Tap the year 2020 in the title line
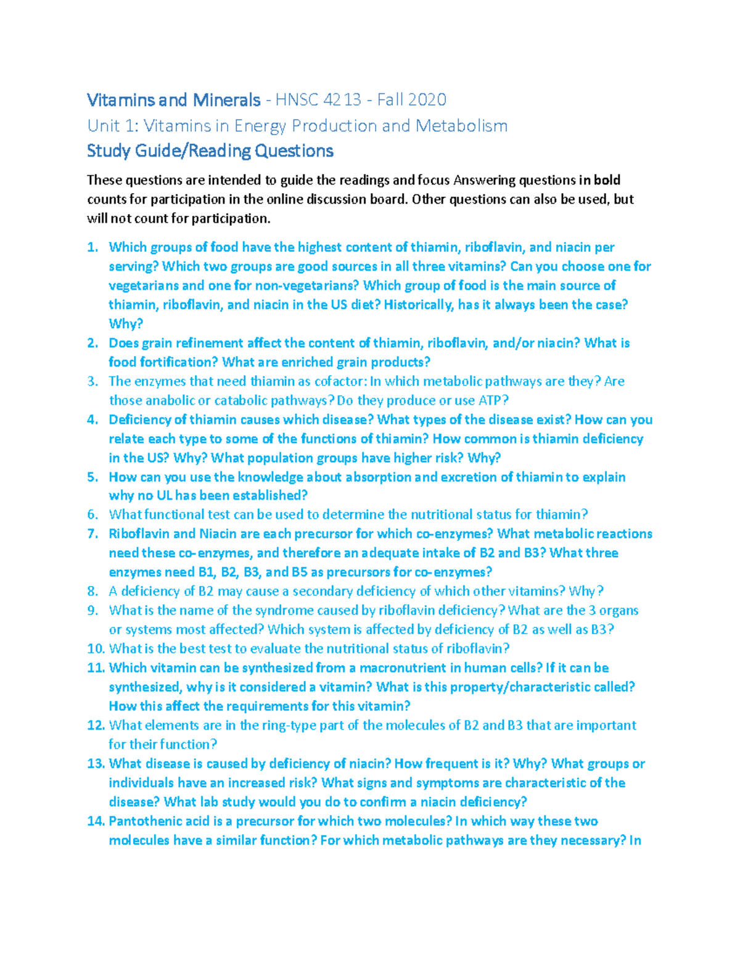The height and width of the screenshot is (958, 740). (x=426, y=100)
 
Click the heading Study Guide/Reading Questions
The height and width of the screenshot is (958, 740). (x=210, y=151)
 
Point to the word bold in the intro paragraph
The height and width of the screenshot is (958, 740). (x=607, y=180)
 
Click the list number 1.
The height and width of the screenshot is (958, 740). (x=92, y=247)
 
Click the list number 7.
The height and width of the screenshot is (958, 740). (x=92, y=534)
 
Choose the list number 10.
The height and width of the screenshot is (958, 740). (x=96, y=648)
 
